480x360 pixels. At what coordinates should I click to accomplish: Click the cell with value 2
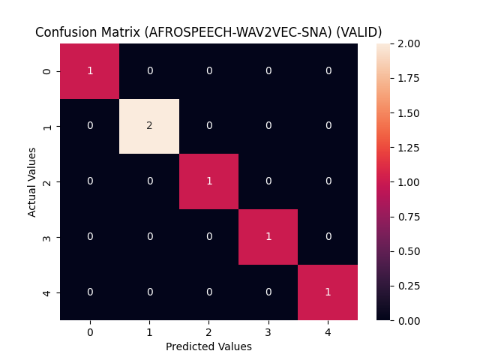coord(149,126)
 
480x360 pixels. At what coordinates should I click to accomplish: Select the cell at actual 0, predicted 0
coord(90,70)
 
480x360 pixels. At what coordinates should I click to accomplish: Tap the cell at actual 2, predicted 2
coord(208,181)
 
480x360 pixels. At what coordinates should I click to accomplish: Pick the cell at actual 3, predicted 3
coord(268,237)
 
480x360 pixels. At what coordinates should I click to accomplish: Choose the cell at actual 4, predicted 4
coord(328,292)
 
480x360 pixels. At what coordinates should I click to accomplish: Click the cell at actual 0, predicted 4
coord(328,70)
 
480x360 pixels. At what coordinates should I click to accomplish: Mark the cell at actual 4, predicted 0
coord(90,292)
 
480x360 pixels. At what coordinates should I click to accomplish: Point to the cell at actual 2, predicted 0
coord(90,181)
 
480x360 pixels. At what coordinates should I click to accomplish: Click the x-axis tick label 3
coord(268,331)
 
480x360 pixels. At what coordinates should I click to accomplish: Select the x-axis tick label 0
coord(90,331)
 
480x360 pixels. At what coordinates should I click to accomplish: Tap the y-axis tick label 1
coord(48,126)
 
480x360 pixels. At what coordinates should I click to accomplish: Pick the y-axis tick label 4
coord(48,292)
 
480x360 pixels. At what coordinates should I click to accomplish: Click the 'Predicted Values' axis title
coord(208,346)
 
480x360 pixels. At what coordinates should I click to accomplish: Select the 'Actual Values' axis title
coord(32,181)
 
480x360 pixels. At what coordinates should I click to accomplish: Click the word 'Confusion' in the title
coord(64,32)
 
